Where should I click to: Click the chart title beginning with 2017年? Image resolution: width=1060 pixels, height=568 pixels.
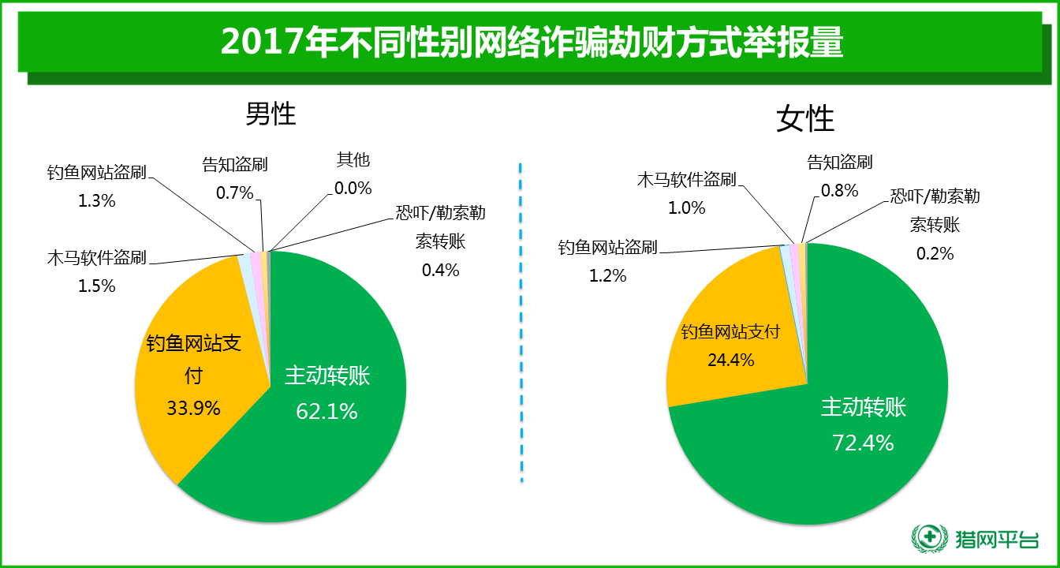(x=532, y=43)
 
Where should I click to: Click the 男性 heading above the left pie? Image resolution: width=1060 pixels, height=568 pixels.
(x=271, y=114)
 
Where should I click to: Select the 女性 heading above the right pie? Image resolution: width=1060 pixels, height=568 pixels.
(x=805, y=119)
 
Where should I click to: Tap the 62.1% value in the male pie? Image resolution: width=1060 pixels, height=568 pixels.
(x=327, y=411)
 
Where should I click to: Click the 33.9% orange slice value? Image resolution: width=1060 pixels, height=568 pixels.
(x=193, y=408)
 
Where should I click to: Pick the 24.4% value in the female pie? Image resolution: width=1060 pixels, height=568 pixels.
(x=730, y=360)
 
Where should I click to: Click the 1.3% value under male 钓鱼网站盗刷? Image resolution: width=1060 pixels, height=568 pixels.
(x=96, y=200)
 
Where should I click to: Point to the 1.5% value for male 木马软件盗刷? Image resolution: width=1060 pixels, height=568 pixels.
(x=96, y=286)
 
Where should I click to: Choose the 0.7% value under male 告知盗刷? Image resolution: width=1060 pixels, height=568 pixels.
(x=234, y=192)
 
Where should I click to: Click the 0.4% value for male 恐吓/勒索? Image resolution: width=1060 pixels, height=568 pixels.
(x=440, y=270)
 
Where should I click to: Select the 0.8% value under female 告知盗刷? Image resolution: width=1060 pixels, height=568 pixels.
(x=839, y=190)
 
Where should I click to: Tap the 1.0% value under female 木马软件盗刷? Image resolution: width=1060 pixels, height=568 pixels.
(x=686, y=207)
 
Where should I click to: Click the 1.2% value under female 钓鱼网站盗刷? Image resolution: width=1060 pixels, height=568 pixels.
(x=607, y=275)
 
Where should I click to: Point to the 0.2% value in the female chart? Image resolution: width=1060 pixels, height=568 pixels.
(x=935, y=253)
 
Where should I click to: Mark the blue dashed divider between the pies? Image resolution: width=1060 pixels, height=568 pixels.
(x=521, y=323)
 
